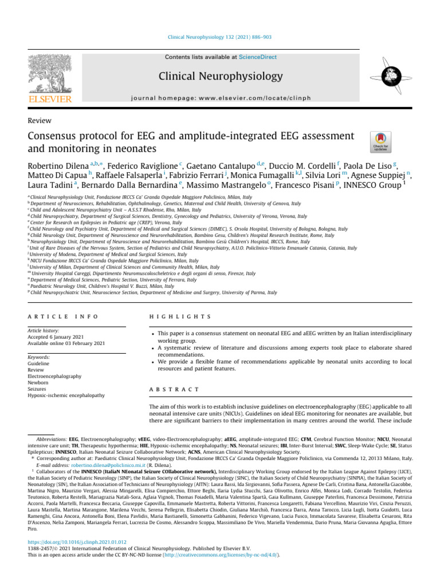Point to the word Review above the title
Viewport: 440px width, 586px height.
(x=40, y=120)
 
